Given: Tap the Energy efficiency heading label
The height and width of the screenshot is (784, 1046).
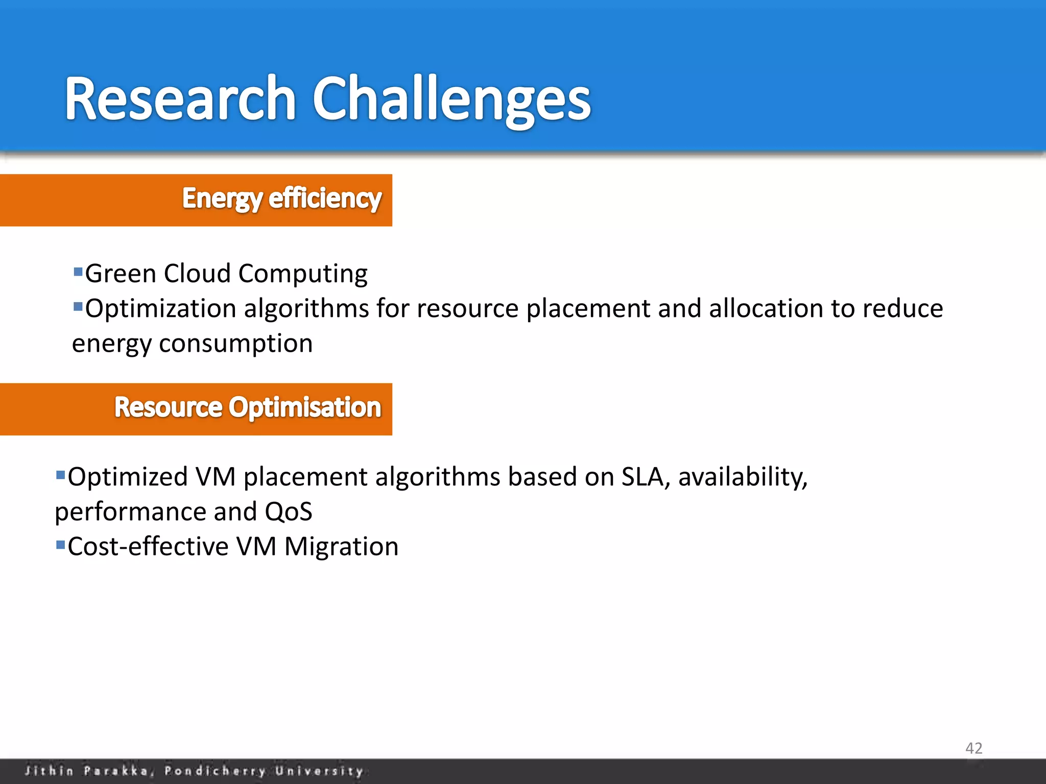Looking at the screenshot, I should (x=282, y=199).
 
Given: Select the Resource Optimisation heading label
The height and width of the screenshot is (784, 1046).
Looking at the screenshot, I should (x=248, y=407).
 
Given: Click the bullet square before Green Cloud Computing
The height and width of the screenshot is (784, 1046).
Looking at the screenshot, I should (x=78, y=271).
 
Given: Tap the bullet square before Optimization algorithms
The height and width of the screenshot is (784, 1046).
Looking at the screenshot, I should (x=78, y=306).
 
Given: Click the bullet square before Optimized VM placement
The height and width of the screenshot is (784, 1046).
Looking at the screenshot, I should (x=61, y=475).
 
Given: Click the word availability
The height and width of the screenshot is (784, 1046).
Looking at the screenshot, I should (x=743, y=478).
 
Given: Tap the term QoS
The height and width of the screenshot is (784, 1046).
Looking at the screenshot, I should (x=289, y=511).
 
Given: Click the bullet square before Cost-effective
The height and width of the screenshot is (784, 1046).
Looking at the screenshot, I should (x=61, y=545).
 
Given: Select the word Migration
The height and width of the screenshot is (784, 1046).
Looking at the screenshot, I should (x=341, y=547).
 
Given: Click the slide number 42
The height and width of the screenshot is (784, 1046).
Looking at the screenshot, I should (x=973, y=748).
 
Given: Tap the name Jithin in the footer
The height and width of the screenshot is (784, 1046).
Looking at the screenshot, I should (x=49, y=770).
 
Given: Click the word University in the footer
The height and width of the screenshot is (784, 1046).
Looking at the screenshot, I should (x=319, y=770).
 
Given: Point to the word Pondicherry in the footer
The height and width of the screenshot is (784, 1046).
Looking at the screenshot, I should (x=215, y=770).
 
